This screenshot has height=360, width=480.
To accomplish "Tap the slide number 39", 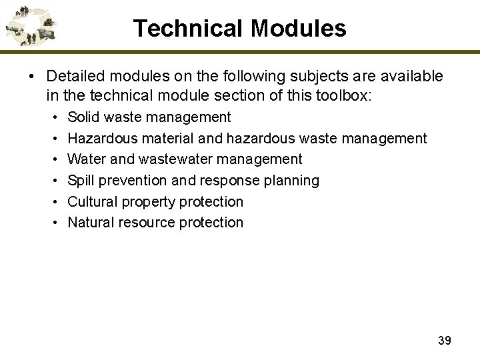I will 445,341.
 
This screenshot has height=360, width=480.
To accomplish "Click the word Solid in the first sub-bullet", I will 83,117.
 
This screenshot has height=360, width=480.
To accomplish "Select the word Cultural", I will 93,201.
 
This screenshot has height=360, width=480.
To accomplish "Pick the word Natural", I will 91,223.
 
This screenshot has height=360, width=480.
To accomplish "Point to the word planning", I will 293,181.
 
